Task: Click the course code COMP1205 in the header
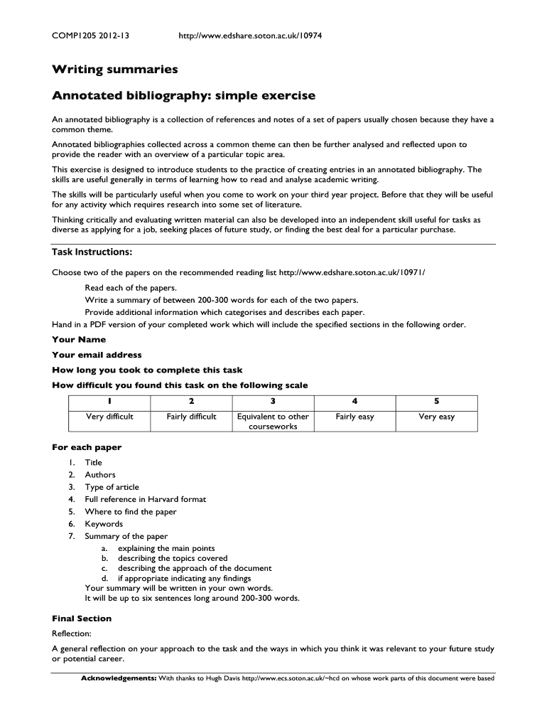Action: click(73, 35)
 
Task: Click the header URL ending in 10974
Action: click(251, 35)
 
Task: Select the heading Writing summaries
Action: click(114, 70)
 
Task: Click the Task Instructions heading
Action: click(92, 252)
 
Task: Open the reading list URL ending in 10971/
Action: click(352, 272)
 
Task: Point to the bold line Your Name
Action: click(79, 340)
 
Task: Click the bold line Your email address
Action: click(97, 355)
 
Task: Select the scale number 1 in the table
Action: click(109, 401)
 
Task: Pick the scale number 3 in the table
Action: click(273, 401)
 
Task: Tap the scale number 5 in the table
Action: click(436, 401)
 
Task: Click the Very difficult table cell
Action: click(109, 417)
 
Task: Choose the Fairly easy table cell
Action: click(354, 417)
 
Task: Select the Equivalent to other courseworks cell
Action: click(273, 422)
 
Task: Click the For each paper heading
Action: click(87, 447)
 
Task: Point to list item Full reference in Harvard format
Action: click(146, 499)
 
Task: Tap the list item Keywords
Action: click(104, 524)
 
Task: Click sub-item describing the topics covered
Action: click(173, 559)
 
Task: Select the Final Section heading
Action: click(82, 619)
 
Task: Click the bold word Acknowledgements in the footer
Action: click(119, 678)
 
